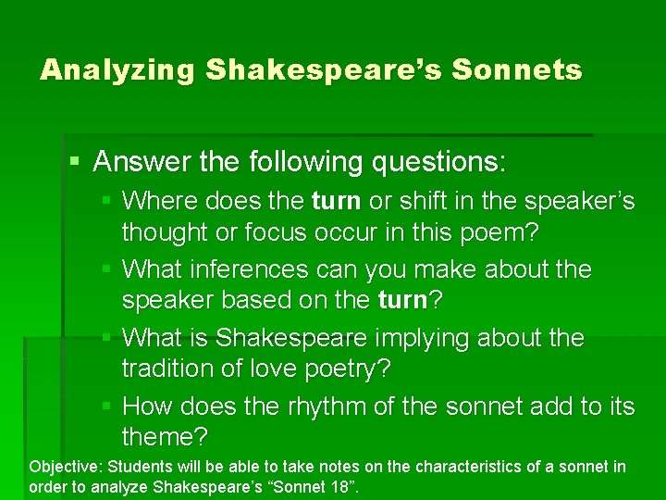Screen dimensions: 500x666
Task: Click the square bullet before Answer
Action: click(76, 162)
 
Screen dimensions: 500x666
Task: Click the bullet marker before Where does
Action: click(107, 200)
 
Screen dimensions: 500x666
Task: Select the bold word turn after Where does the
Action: click(336, 200)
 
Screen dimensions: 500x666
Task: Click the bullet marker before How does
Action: click(107, 406)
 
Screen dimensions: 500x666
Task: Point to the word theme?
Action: click(165, 436)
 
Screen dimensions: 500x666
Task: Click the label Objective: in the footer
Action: click(63, 468)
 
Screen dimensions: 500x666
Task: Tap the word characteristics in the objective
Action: click(474, 468)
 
